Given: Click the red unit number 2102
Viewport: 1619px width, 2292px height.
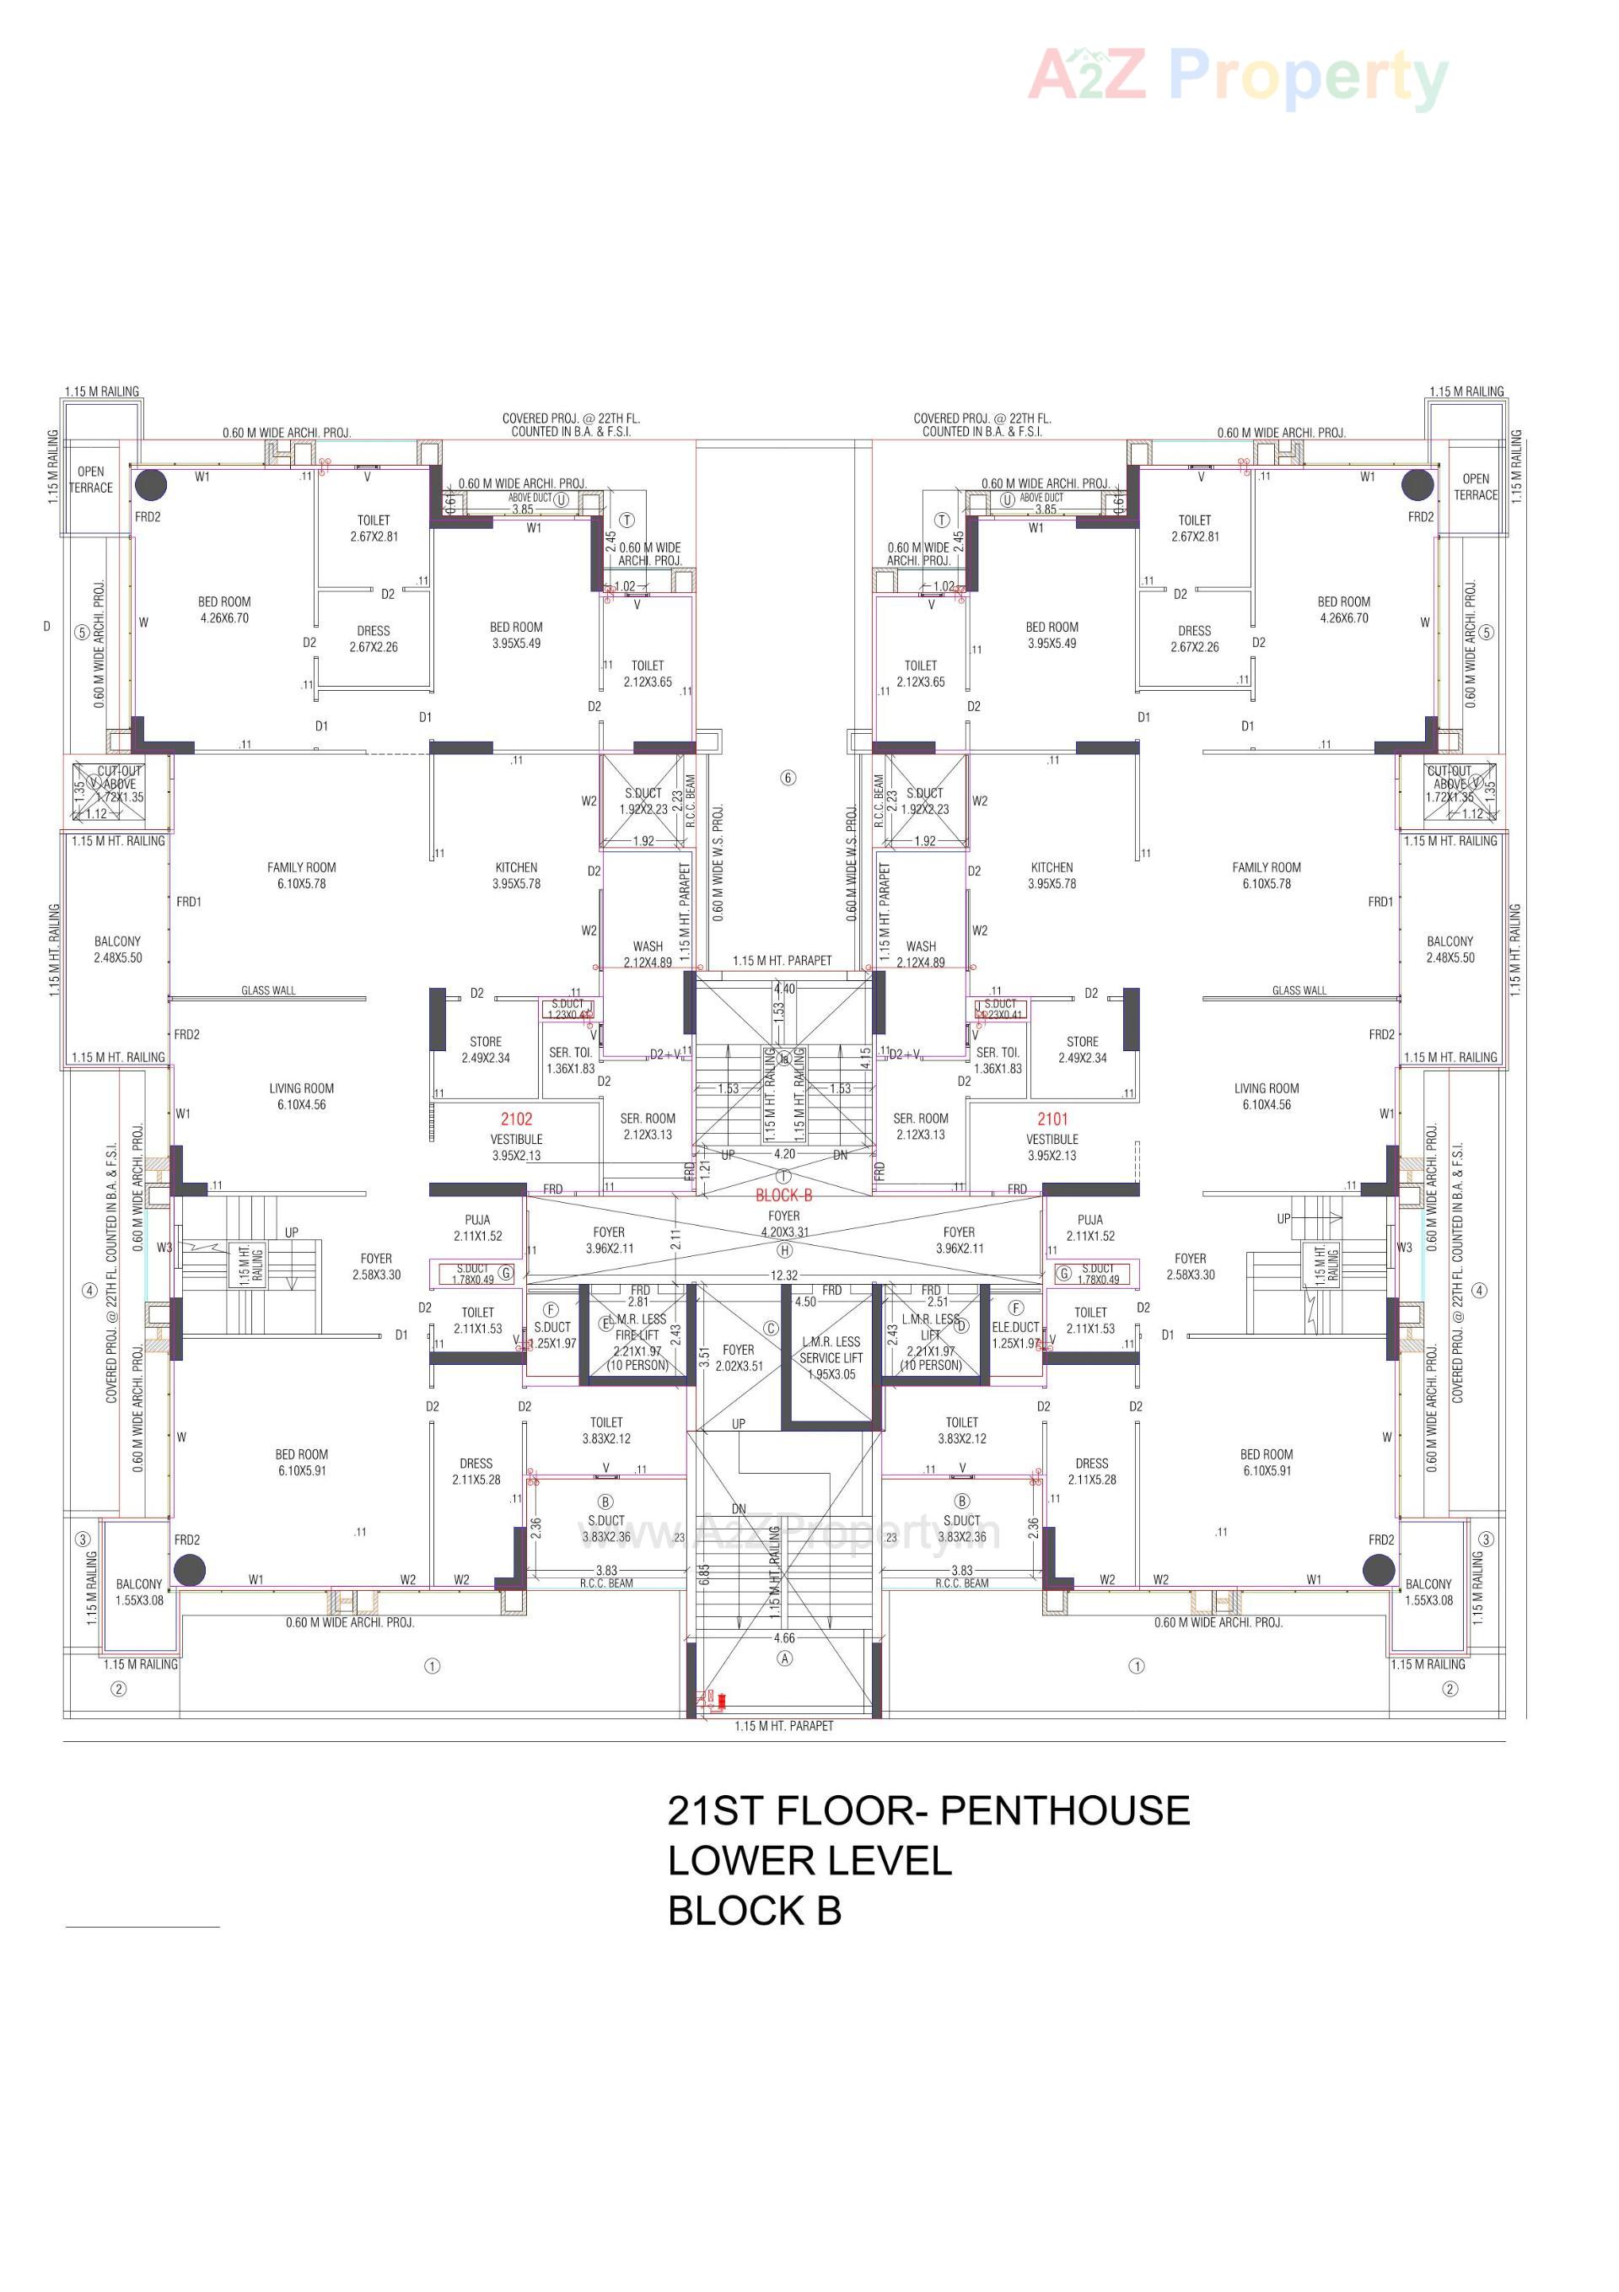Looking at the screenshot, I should click(516, 1119).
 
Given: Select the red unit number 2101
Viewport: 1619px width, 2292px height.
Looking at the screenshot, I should click(1052, 1119).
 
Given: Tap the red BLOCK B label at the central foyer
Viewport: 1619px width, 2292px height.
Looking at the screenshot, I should click(783, 1195).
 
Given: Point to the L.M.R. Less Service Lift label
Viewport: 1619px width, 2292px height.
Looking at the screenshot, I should click(831, 1357).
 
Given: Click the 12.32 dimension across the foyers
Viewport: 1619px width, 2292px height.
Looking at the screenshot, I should click(783, 1275).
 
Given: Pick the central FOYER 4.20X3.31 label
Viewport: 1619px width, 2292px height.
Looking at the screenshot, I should click(783, 1224).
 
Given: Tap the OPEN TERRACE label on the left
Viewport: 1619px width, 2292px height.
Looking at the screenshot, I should click(91, 479).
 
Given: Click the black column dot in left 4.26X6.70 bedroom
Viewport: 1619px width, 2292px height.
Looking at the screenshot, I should click(151, 485).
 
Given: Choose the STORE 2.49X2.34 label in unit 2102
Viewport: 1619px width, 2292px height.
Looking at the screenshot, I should click(485, 1049).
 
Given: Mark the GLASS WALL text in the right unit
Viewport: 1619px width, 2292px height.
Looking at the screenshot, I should click(1299, 990).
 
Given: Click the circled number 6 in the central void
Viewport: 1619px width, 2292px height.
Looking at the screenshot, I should click(788, 778).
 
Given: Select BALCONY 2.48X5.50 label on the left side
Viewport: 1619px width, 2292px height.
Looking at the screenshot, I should click(118, 949).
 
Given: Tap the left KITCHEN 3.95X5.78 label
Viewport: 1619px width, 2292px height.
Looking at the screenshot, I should click(516, 876).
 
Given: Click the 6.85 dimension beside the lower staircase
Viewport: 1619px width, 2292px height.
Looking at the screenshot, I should click(704, 1574).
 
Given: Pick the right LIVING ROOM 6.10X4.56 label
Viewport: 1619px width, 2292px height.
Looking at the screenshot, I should click(1266, 1096).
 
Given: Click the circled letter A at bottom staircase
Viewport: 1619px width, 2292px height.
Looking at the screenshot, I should click(784, 1658).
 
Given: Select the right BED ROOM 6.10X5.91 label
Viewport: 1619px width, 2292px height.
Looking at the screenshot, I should click(1266, 1463).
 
